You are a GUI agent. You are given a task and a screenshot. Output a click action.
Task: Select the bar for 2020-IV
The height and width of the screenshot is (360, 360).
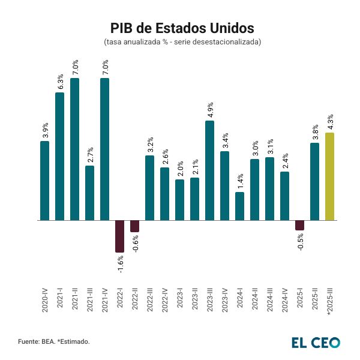point(45,180)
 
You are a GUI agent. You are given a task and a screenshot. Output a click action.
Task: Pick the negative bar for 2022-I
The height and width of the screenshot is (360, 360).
point(120,236)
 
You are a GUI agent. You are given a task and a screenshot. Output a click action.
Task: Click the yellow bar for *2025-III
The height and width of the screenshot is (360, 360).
point(329,176)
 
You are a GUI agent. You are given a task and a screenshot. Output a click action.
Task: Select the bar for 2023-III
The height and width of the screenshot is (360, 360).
point(209,170)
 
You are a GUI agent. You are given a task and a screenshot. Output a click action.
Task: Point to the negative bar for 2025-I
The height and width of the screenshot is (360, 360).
point(299,226)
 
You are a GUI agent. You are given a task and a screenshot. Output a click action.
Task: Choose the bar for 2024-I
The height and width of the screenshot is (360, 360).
point(239,206)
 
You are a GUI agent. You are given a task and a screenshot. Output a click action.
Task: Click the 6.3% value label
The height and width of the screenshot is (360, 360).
point(60,82)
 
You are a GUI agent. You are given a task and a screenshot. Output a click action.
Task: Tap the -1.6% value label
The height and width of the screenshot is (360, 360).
point(121,265)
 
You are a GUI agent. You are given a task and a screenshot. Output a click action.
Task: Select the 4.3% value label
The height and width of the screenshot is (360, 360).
point(330,122)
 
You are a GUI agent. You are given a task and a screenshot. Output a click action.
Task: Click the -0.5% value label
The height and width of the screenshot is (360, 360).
point(300,241)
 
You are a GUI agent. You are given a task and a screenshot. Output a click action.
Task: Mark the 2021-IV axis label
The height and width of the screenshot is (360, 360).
point(105,298)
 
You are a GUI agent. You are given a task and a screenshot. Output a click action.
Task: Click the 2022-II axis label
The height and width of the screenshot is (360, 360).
point(135,298)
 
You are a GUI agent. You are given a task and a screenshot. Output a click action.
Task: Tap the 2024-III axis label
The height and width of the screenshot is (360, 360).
point(270,298)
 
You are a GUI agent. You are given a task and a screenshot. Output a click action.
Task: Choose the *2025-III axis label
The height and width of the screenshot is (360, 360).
point(330,299)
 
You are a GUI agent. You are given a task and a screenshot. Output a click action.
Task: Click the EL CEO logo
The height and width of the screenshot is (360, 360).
point(316,342)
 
